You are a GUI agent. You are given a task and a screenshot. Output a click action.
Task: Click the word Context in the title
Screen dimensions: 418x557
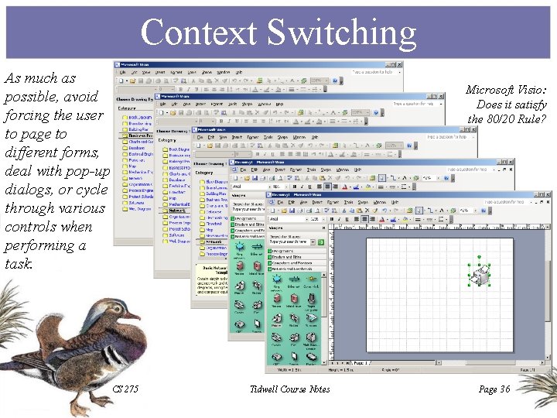(197, 33)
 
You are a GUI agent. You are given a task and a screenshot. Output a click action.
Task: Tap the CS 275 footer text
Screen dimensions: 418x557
(125, 389)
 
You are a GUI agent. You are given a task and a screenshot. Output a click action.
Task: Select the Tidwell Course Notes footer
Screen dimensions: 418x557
(290, 389)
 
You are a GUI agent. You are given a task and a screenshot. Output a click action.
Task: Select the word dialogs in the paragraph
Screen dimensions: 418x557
(27, 190)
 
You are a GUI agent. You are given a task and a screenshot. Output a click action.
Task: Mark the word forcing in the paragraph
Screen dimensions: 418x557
(26, 115)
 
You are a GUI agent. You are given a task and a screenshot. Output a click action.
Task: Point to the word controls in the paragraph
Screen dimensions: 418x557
(29, 227)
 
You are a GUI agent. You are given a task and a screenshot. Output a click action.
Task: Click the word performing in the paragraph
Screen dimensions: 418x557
(38, 245)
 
